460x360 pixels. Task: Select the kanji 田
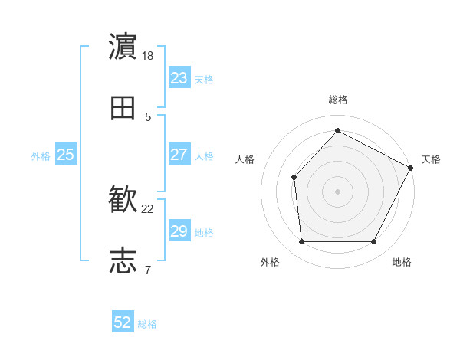123,109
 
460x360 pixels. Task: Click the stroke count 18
149,56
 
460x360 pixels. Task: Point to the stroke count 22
149,208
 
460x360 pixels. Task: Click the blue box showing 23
179,78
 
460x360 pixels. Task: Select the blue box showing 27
179,155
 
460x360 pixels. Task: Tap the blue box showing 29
179,231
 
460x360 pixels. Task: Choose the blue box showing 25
66,155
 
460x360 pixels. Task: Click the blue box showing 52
123,322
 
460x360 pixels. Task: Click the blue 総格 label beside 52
147,324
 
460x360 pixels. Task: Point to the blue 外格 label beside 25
41,156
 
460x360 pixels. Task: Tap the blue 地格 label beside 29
204,233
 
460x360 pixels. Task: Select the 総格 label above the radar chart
338,100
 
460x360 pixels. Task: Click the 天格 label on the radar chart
431,159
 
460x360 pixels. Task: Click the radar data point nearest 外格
301,242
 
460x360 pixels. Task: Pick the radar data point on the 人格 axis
294,177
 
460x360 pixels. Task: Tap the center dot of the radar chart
337,191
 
